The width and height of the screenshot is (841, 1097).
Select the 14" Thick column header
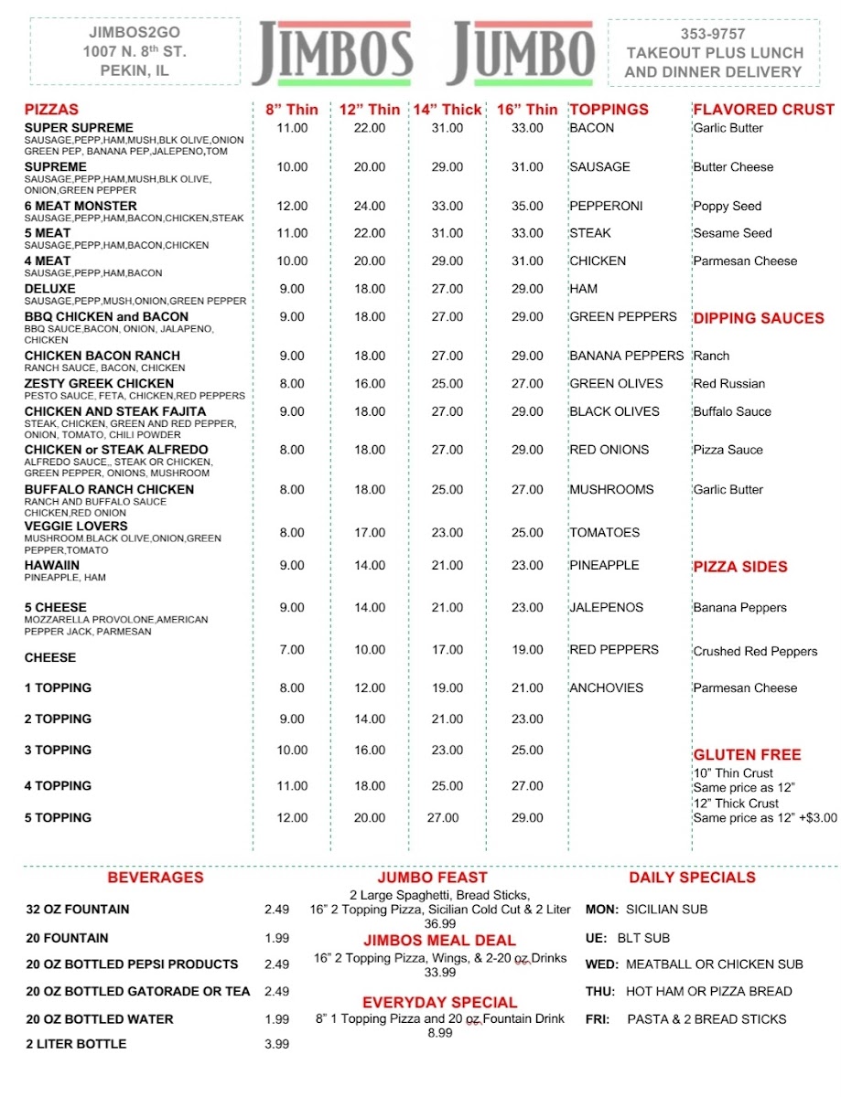pos(447,110)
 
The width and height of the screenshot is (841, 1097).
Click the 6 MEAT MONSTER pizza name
pos(81,206)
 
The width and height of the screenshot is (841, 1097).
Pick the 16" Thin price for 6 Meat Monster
pos(527,207)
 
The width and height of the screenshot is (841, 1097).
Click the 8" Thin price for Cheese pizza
pos(292,650)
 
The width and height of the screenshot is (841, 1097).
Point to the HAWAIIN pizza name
pos(52,565)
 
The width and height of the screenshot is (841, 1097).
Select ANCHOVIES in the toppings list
pos(606,687)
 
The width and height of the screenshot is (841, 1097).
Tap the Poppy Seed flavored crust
pos(727,207)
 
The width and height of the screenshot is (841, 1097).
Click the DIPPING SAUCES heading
pos(758,318)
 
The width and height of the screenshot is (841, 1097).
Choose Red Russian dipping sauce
pos(728,384)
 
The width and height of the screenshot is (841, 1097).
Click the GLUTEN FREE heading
pos(747,754)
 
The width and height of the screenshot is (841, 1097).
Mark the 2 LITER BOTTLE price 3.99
pos(276,1044)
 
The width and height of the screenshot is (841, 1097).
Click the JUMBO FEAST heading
pos(432,878)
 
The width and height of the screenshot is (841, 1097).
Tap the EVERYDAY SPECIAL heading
pos(439,1003)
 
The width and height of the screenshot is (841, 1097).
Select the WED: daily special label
pos(601,964)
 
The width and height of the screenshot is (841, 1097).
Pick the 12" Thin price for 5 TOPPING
pos(370,818)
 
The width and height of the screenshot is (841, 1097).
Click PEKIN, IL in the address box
pos(135,70)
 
